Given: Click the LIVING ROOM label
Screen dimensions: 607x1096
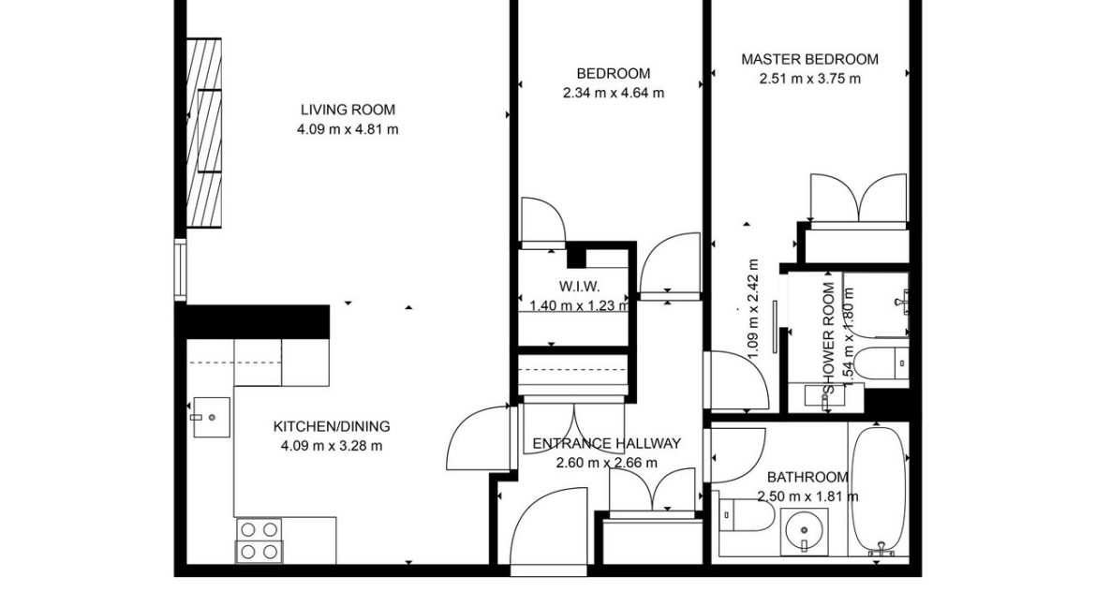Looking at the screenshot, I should [x=348, y=109].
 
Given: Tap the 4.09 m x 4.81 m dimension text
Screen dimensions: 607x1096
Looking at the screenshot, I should [x=348, y=129].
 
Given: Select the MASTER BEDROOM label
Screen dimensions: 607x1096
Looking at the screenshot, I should [x=809, y=59].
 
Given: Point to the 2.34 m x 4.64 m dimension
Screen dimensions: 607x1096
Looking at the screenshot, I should [x=613, y=93].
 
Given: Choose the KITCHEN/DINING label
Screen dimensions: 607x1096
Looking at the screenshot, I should [x=332, y=426].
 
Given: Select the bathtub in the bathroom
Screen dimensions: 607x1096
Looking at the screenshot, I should [x=878, y=489].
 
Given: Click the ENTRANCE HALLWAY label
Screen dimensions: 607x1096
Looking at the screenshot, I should [x=606, y=443].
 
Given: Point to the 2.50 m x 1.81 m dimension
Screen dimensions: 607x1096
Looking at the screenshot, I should [x=807, y=496].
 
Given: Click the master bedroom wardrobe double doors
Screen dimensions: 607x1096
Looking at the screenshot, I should [x=858, y=200].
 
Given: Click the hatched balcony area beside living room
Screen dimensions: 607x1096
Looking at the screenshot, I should [x=204, y=133].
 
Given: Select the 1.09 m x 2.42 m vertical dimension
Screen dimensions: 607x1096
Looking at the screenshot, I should [x=752, y=309].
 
